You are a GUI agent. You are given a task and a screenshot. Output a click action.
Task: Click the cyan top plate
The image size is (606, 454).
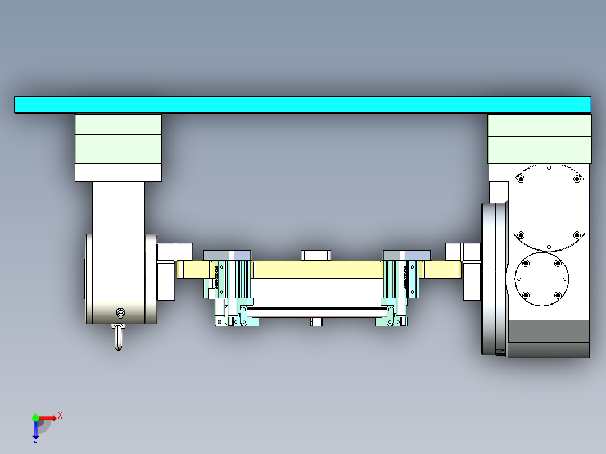pos(302,105)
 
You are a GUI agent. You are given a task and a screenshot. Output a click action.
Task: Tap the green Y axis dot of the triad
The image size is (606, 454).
pos(35,417)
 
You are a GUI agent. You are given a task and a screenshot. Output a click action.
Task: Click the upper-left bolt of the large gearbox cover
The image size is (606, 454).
pos(521,180)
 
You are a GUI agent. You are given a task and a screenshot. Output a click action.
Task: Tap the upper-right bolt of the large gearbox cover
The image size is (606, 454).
pos(576,180)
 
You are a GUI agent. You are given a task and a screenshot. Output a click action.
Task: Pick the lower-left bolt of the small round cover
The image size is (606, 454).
pos(526,295)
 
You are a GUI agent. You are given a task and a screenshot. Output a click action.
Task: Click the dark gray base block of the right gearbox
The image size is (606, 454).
pos(548,339)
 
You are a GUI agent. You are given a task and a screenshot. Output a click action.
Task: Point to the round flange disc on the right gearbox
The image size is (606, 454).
pos(494,279)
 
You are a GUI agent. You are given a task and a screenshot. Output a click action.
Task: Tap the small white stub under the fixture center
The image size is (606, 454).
pos(316,322)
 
